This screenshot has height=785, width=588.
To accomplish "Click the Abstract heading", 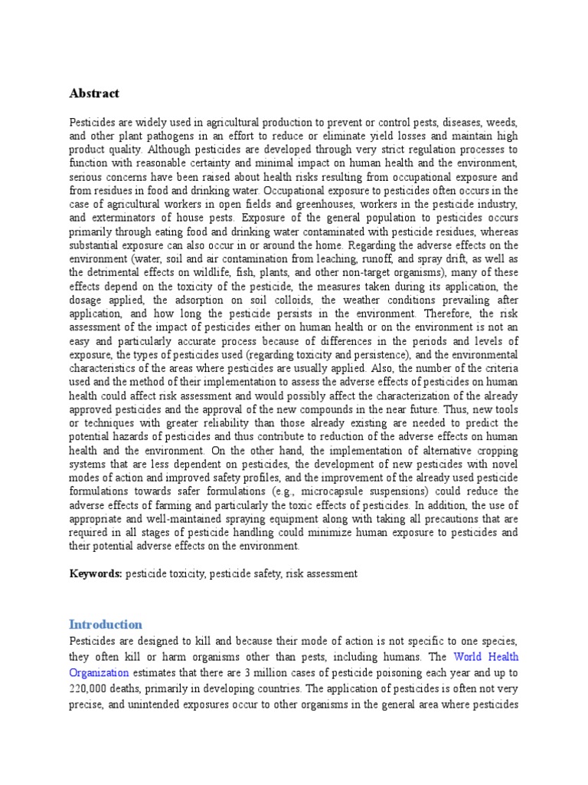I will pos(94,94).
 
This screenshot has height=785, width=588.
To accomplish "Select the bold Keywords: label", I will pos(96,573).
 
